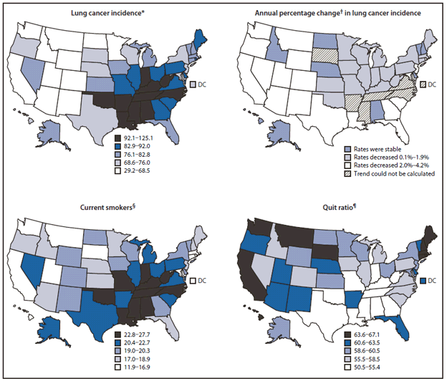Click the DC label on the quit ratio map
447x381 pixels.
point(435,279)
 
